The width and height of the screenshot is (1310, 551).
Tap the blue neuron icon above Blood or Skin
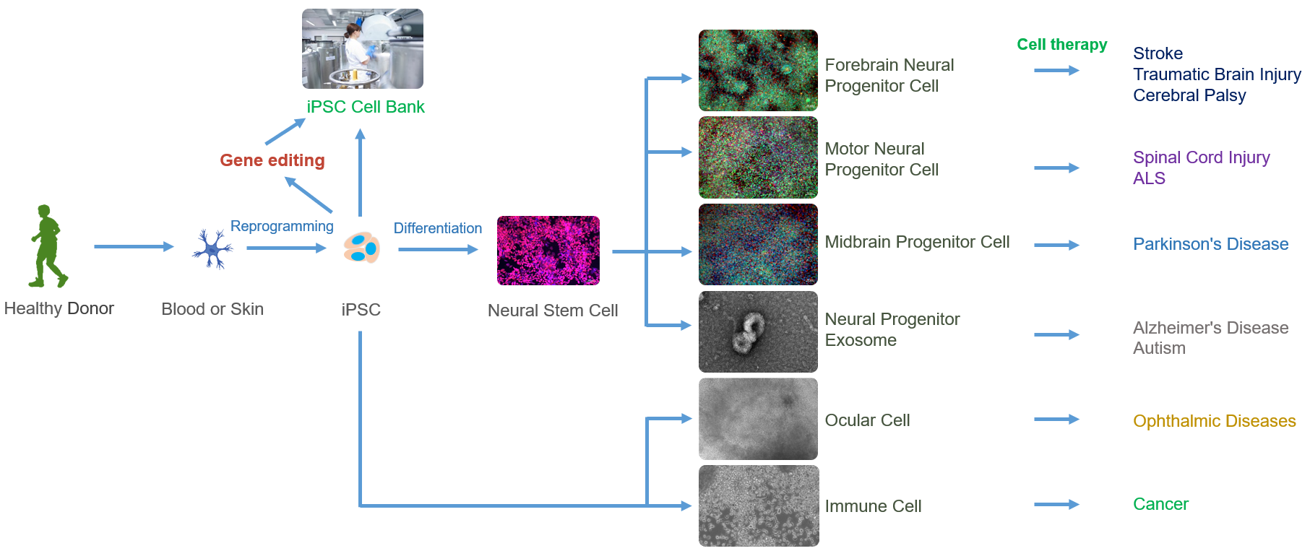click(212, 249)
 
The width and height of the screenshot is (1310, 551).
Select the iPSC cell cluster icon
click(361, 248)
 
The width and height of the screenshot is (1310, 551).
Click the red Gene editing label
click(272, 160)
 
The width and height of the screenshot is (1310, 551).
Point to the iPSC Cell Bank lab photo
click(363, 48)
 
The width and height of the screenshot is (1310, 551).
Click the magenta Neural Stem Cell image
click(548, 251)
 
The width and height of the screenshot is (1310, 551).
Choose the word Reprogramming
click(282, 226)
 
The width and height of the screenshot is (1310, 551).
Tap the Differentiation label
click(438, 228)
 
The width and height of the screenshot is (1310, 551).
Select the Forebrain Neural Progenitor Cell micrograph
click(758, 70)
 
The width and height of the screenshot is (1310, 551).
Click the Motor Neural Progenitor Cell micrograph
click(758, 157)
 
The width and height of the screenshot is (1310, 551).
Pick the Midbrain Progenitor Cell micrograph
click(758, 245)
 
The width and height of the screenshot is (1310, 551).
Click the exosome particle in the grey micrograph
click(747, 332)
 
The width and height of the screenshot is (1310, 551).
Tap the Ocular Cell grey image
click(758, 419)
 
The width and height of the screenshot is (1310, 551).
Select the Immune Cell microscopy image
click(759, 506)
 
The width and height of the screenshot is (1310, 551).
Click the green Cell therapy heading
click(1062, 45)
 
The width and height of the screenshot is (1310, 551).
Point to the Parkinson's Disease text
click(1211, 244)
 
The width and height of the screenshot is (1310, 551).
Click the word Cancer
click(1160, 504)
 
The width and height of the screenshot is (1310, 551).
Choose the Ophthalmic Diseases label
click(1215, 421)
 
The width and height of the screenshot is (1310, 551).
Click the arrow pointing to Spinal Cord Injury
click(1056, 168)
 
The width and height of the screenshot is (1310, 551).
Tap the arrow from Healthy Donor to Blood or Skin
click(134, 246)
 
